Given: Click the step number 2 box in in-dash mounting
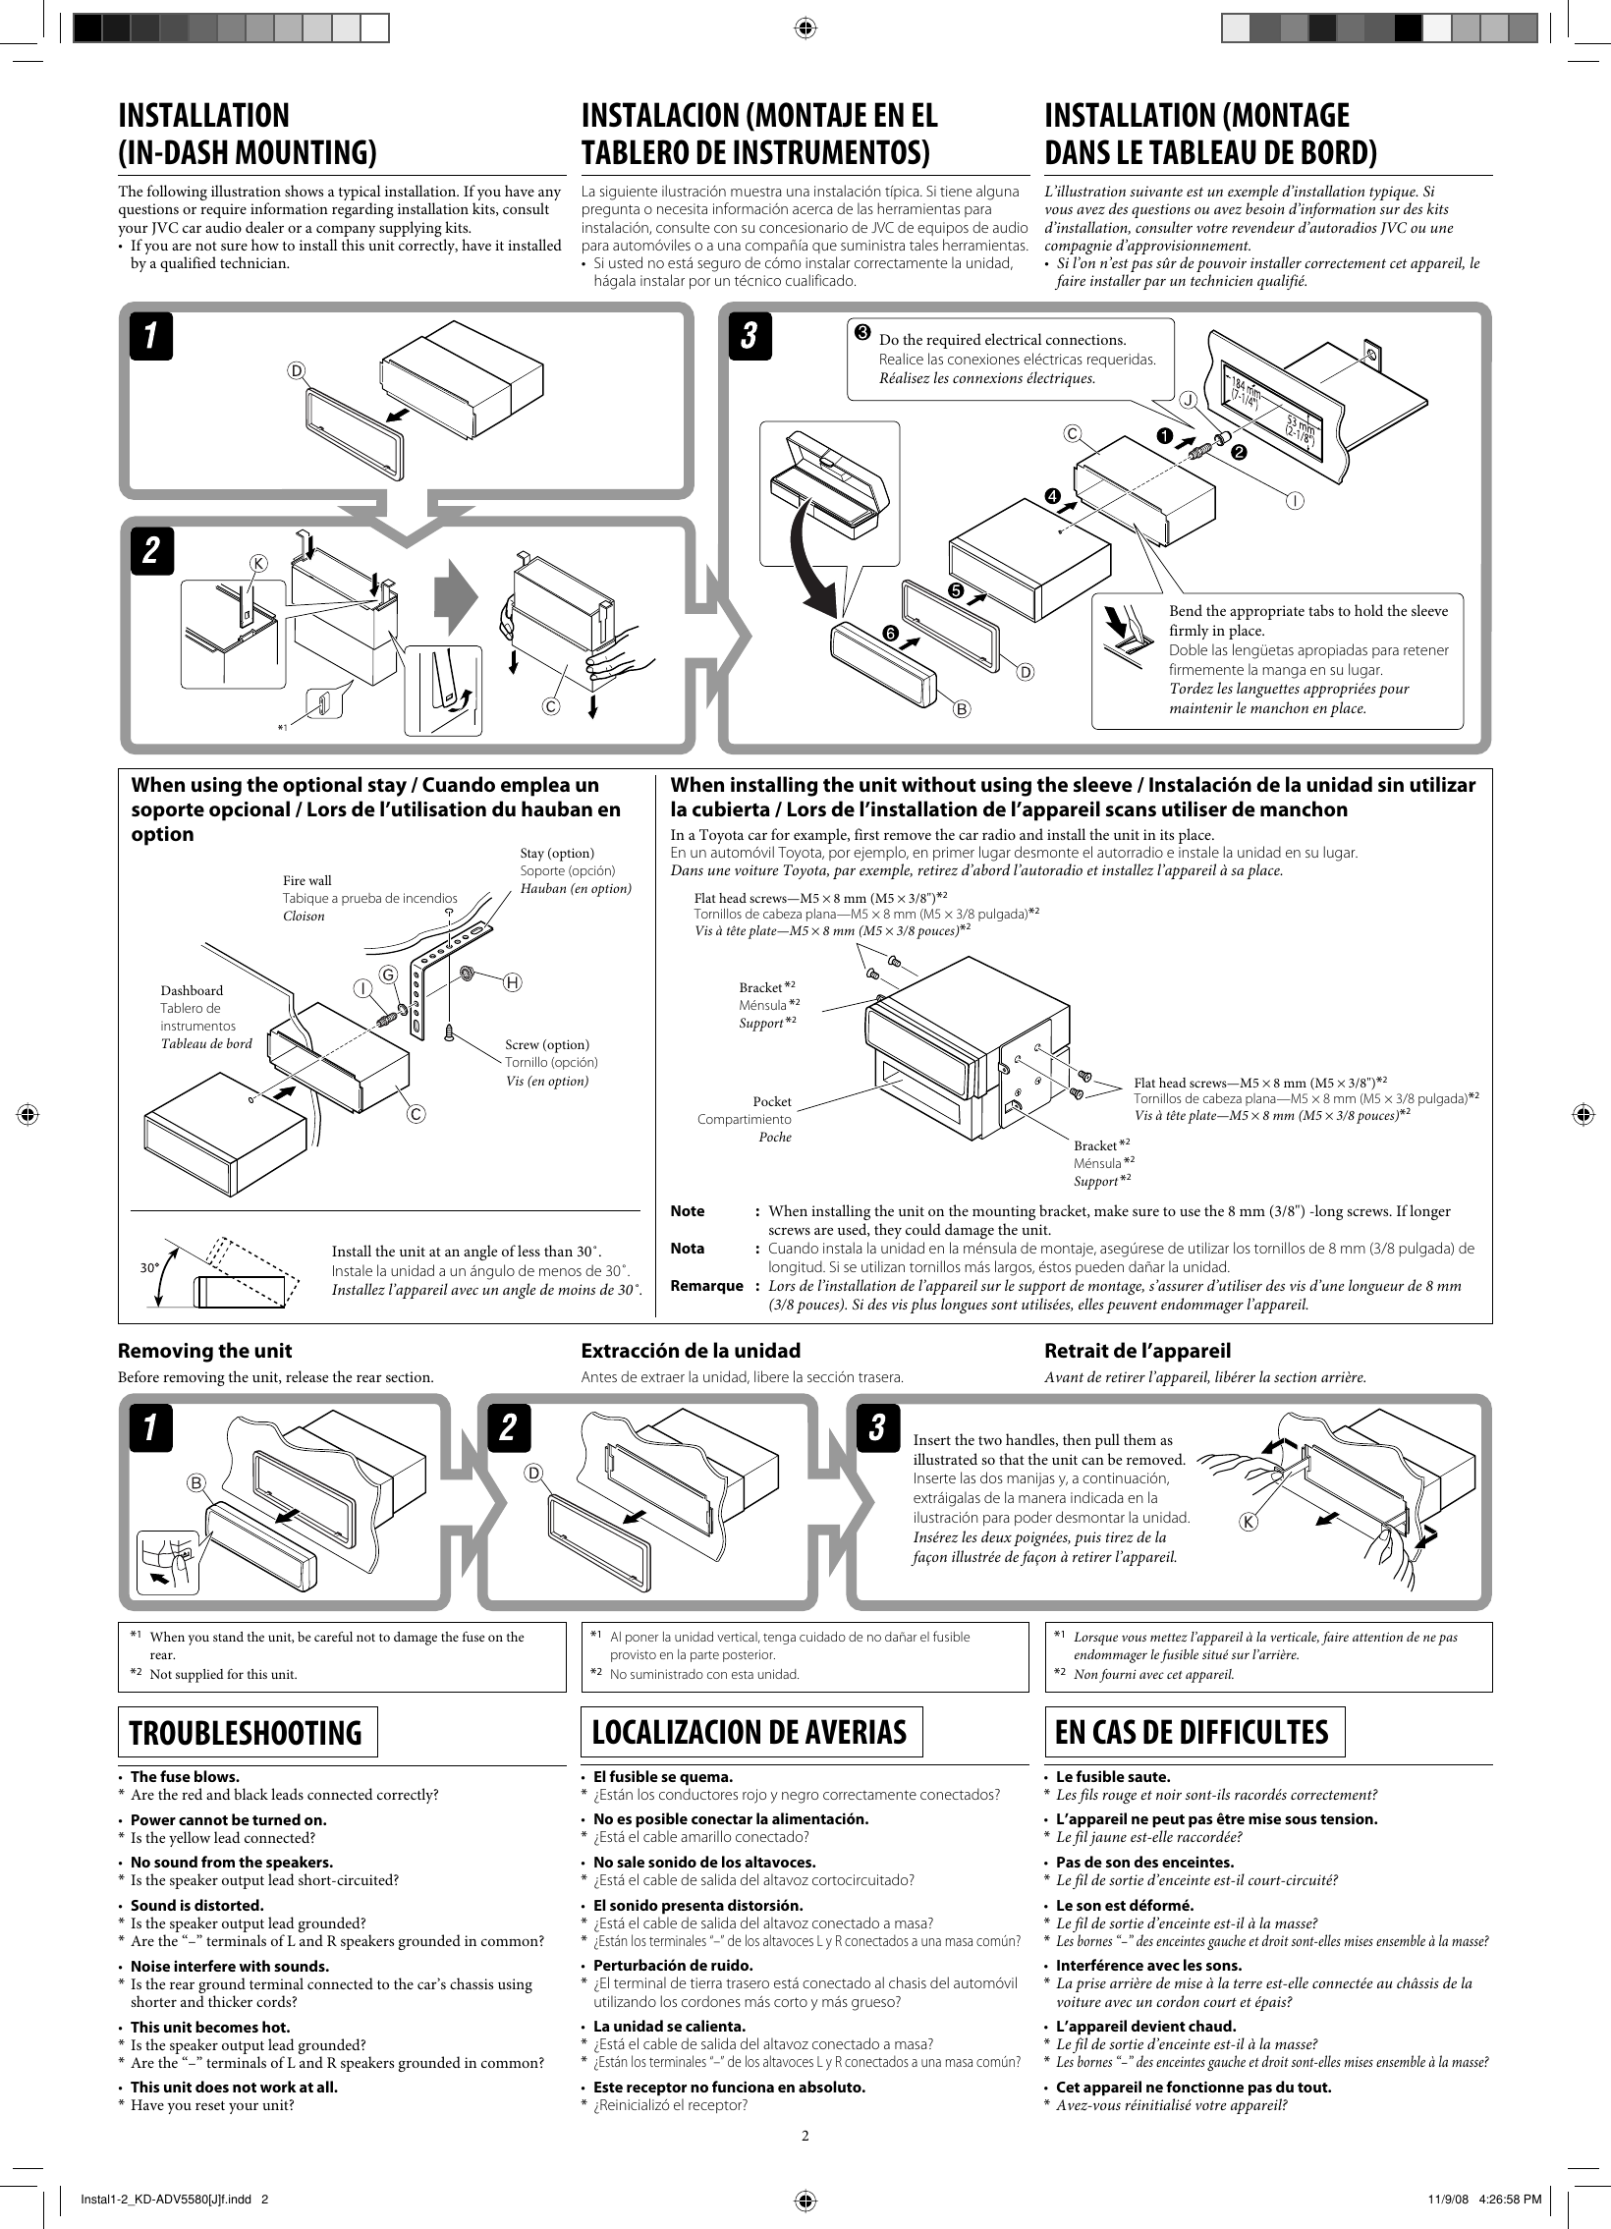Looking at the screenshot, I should tap(152, 550).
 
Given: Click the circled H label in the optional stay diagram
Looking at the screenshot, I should tap(512, 981).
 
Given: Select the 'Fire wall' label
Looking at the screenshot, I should tap(306, 880).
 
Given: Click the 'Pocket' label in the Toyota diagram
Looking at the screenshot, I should tap(771, 1101).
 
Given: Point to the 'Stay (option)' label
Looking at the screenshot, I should tap(556, 853).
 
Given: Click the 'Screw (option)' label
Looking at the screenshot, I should tap(546, 1044).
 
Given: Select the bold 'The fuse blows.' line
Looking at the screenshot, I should tap(185, 1805).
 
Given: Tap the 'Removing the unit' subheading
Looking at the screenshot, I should tap(204, 1351).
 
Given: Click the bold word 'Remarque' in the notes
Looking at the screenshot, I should tap(705, 1286).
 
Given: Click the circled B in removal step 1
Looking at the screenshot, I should tap(197, 1481).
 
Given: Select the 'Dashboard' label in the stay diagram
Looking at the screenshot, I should tap(192, 990).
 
